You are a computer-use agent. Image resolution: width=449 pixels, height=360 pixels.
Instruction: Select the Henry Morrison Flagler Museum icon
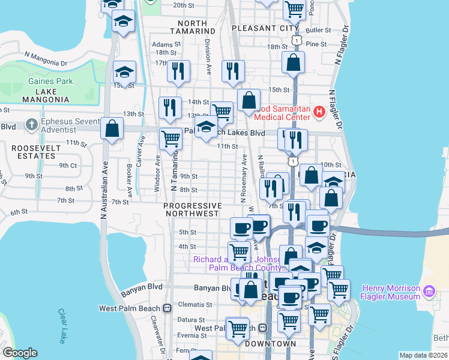point(429,292)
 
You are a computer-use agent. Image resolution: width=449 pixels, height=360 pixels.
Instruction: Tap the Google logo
point(19,353)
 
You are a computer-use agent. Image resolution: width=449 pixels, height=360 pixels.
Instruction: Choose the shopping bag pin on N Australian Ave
point(112,128)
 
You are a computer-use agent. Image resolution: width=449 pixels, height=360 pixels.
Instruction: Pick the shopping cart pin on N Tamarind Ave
point(171,139)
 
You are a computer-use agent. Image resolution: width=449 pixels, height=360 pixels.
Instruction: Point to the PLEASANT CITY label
point(265,28)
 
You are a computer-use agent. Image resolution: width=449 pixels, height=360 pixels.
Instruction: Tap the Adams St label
point(166,44)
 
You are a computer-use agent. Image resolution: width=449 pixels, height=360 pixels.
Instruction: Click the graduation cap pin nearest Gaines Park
point(124,73)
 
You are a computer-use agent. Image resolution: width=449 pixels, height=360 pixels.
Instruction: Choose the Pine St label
point(316,44)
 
